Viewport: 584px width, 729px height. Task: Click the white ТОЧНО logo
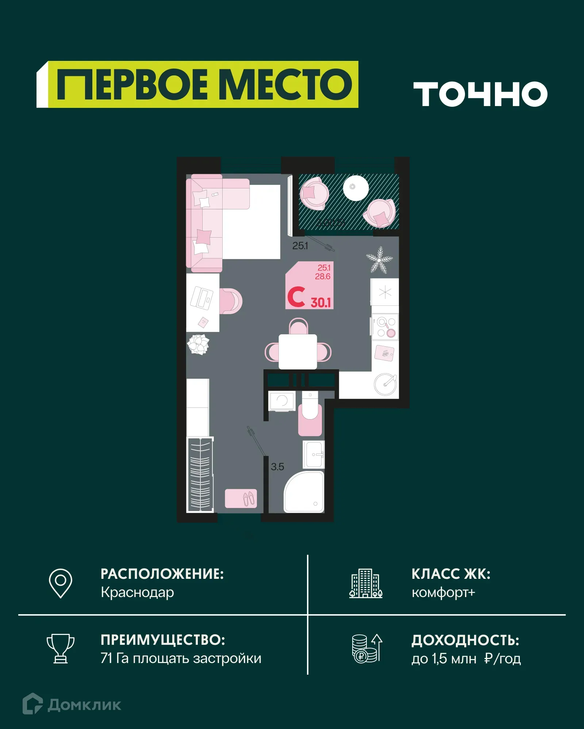pos(480,94)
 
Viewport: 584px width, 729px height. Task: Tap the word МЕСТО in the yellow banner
pos(287,85)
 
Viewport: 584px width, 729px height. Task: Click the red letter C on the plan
pos(296,297)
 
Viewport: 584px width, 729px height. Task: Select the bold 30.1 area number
pos(320,303)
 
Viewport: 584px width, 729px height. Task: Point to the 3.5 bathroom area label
pos(277,467)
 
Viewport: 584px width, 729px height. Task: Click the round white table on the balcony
pos(356,188)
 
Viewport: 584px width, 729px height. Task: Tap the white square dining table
pos(298,352)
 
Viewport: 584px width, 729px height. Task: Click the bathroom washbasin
pos(314,455)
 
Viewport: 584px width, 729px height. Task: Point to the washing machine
pos(282,401)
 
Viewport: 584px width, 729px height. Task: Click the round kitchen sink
pos(385,384)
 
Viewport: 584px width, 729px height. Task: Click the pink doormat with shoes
pos(241,498)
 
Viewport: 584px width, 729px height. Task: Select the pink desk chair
pos(231,301)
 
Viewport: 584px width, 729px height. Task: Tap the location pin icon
pos(61,583)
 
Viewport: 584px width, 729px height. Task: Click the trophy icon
pos(61,648)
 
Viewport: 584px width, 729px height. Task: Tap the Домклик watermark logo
pos(72,705)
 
